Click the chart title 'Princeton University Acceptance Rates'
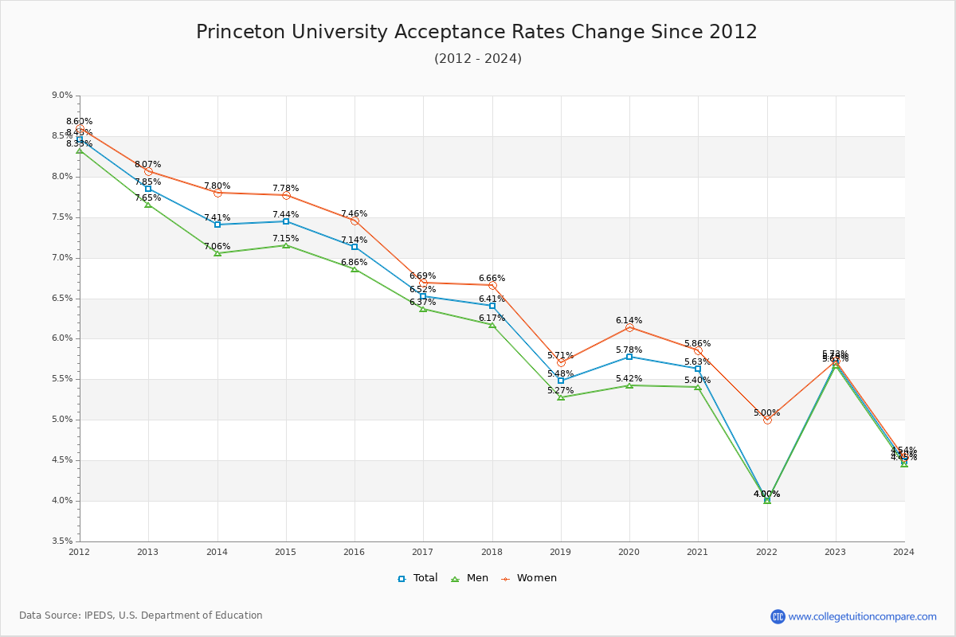click(x=476, y=32)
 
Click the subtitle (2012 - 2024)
click(x=477, y=59)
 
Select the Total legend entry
click(x=417, y=578)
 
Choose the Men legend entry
click(x=470, y=578)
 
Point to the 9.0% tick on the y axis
click(x=62, y=96)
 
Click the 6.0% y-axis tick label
click(x=62, y=338)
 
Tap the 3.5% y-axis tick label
click(x=62, y=541)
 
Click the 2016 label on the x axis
click(x=355, y=552)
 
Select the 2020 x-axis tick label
click(x=629, y=552)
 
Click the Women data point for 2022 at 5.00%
click(x=767, y=420)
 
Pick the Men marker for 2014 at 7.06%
click(x=217, y=252)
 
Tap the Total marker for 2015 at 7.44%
click(x=286, y=221)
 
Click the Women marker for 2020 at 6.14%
click(x=629, y=327)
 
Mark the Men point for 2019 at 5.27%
click(x=561, y=397)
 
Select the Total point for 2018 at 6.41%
click(x=492, y=306)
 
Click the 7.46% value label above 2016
click(x=355, y=214)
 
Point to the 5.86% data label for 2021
click(x=697, y=344)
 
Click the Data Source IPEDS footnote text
click(x=141, y=616)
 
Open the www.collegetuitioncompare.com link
click(x=862, y=616)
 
